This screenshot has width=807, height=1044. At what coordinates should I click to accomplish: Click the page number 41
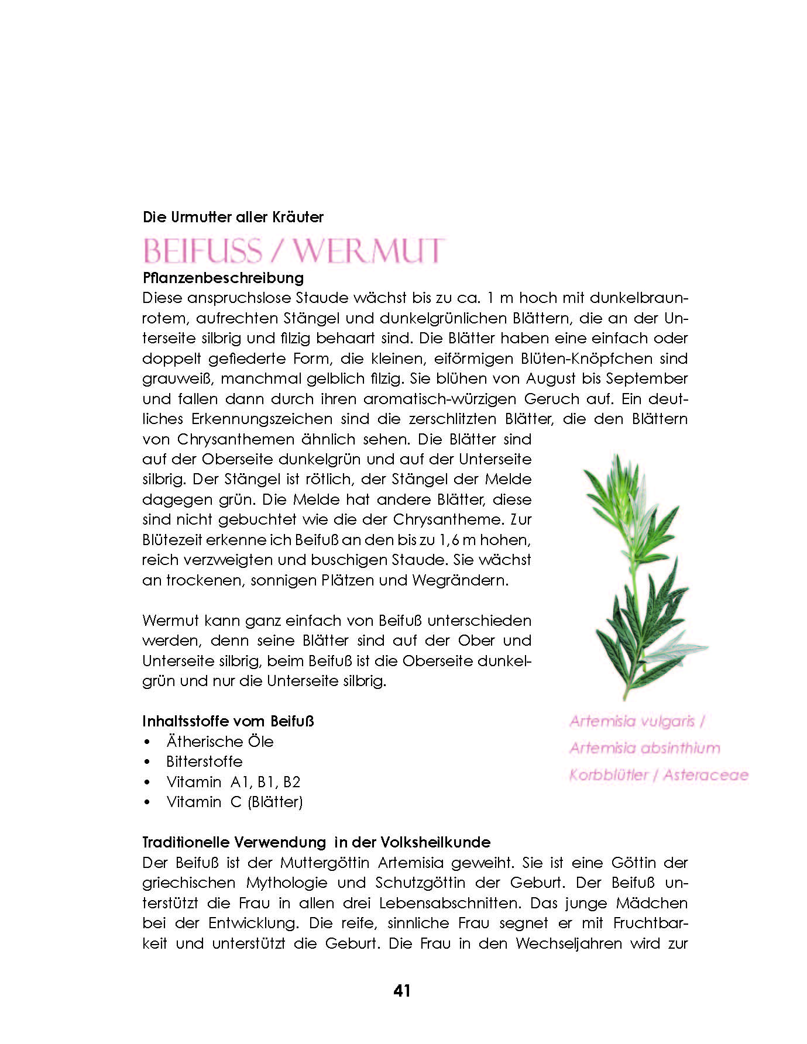(402, 991)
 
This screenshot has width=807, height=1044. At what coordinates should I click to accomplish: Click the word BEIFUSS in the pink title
(202, 251)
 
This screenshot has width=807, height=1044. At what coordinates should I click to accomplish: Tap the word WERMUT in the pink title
(369, 251)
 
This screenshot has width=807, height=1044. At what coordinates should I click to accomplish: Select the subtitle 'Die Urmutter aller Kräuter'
(233, 217)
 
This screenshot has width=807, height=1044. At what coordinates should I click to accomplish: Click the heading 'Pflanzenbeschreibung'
(223, 277)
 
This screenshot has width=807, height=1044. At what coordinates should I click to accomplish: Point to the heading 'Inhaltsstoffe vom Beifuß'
(228, 721)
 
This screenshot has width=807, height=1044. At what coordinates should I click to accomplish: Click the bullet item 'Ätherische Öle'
(220, 742)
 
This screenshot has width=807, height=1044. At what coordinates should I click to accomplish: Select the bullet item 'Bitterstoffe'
(204, 762)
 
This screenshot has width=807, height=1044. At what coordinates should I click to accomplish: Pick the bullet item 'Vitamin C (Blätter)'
(234, 802)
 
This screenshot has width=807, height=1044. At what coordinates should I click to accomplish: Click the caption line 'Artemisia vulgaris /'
(637, 721)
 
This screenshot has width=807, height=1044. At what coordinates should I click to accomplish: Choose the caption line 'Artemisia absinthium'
(644, 748)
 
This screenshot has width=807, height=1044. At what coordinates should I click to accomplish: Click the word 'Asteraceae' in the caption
(706, 775)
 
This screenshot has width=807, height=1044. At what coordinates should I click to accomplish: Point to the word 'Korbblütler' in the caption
(608, 775)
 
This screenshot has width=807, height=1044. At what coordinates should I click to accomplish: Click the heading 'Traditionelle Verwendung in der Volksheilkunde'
(317, 842)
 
